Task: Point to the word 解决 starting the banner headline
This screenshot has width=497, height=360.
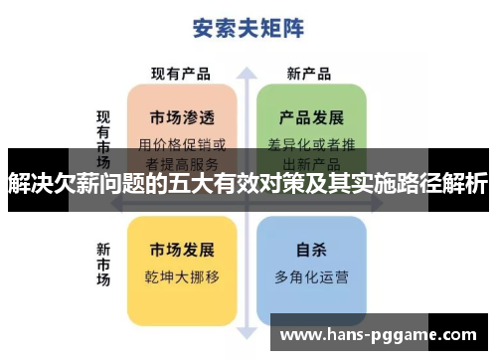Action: click(29, 183)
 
